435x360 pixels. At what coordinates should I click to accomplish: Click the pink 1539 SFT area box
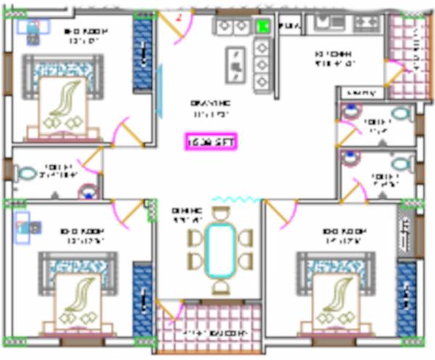click(210, 141)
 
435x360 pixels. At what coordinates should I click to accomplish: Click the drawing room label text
click(210, 109)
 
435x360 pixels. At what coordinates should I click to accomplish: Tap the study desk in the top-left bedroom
click(31, 27)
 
